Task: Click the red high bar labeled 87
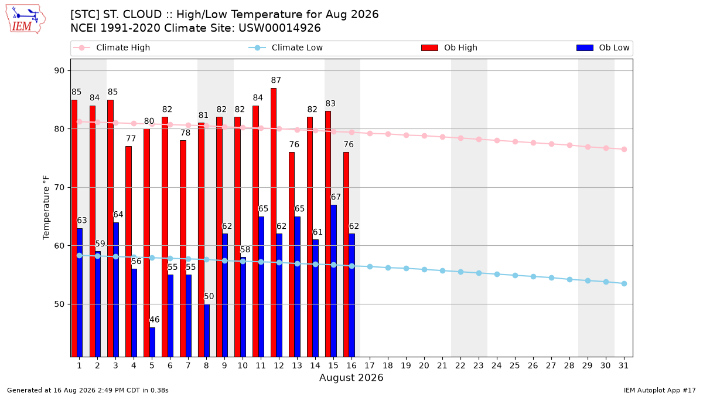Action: click(x=274, y=222)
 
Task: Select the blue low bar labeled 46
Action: click(x=152, y=342)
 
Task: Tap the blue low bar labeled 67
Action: click(x=333, y=280)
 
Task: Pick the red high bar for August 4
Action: click(x=128, y=252)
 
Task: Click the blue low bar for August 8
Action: click(x=206, y=330)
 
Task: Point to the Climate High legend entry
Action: click(x=111, y=48)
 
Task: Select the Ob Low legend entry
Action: click(x=603, y=48)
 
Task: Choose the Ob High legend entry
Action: click(x=449, y=48)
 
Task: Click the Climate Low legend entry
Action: click(x=286, y=48)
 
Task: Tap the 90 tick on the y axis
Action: click(x=59, y=71)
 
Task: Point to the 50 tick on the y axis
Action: click(x=59, y=304)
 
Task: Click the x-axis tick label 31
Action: click(x=623, y=366)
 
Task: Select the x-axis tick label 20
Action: click(x=424, y=366)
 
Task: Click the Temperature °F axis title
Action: click(x=46, y=208)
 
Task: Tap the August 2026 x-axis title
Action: click(x=351, y=377)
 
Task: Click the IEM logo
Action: click(x=26, y=19)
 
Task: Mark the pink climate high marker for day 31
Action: click(x=624, y=149)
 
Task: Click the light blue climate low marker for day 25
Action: click(x=515, y=275)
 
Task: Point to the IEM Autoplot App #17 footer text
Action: click(x=660, y=390)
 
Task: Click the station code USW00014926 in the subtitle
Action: click(x=279, y=28)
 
